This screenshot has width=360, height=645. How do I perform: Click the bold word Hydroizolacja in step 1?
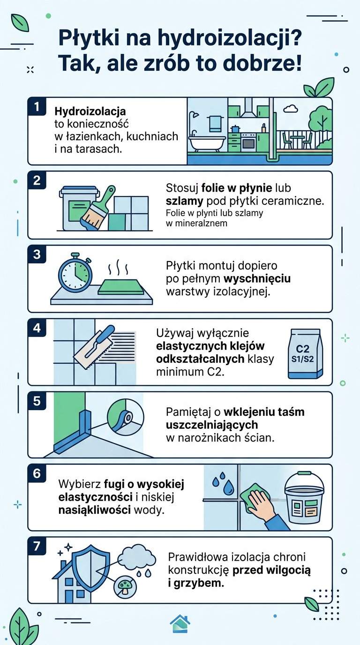click(x=90, y=112)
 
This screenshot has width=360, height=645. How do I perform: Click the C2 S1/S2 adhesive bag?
click(x=306, y=353)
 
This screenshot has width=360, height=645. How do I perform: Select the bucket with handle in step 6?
click(x=304, y=498)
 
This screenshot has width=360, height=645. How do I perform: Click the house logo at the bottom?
click(x=180, y=623)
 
